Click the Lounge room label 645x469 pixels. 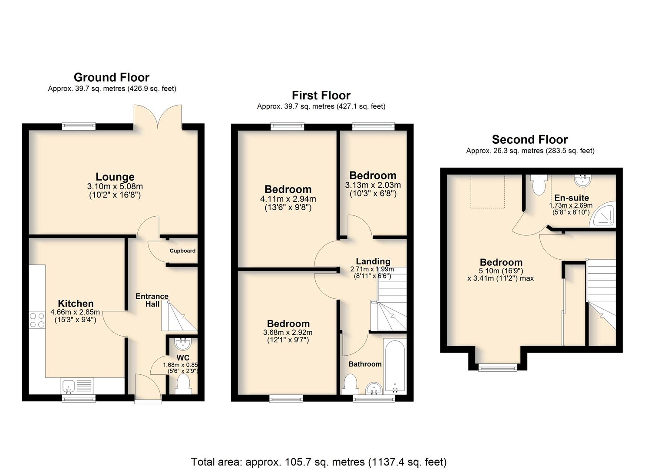[x=115, y=176]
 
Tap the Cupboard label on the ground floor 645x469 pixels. [x=182, y=251]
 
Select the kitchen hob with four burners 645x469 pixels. [x=37, y=320]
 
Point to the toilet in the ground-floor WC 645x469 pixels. [x=183, y=384]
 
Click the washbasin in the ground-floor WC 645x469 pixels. [x=183, y=343]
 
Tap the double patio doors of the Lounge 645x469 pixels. [x=158, y=117]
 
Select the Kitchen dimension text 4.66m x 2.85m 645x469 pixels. [x=75, y=312]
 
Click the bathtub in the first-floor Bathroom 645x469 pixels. [x=394, y=366]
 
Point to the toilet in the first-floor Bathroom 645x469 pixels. [x=350, y=384]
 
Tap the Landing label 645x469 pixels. [x=373, y=261]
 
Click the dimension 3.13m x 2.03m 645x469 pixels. [x=373, y=185]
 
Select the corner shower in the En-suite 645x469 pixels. [x=602, y=214]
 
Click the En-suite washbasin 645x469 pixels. [x=583, y=180]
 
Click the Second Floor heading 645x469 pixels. [x=530, y=139]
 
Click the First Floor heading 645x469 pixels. [x=321, y=95]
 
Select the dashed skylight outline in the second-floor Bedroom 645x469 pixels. [x=488, y=191]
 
